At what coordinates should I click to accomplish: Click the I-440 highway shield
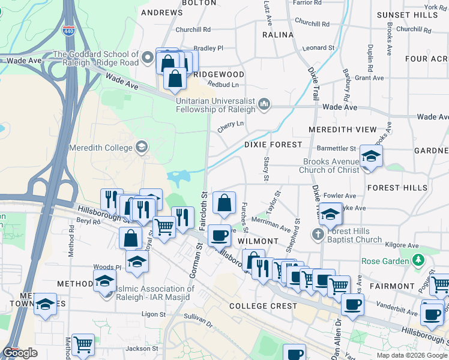70,29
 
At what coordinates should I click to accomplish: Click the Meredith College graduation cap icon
141,146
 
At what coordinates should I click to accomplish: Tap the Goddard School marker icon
148,58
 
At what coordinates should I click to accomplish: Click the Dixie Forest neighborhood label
273,145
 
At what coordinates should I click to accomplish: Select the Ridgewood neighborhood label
219,74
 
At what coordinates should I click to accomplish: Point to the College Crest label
263,306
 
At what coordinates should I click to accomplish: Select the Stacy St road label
266,169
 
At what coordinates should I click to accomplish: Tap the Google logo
20,353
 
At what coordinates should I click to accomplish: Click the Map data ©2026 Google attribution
412,355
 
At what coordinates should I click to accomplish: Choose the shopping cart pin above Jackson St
83,344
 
